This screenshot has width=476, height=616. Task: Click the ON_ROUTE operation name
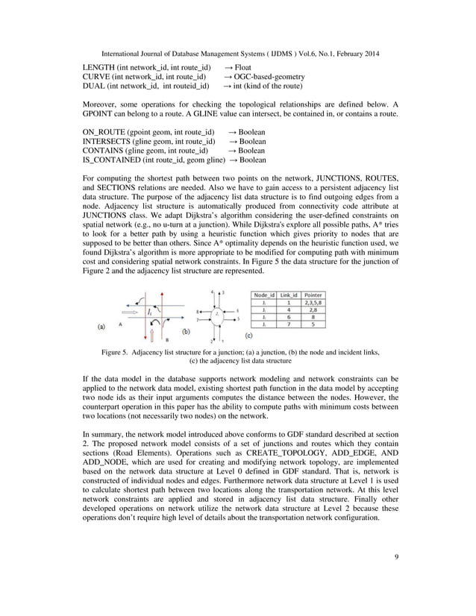[x=104, y=131]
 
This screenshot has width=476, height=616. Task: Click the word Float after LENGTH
[x=245, y=68]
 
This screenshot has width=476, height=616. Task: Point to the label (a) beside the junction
[x=104, y=326]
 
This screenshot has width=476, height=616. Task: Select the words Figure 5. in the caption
[x=118, y=351]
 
